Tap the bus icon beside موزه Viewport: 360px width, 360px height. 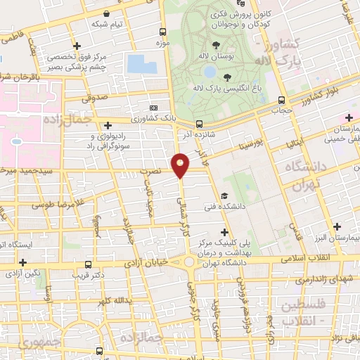pyautogui.click(x=163, y=32)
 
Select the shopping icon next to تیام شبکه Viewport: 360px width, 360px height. pyautogui.click(x=105, y=13)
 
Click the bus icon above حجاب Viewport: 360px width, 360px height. pyautogui.click(x=281, y=100)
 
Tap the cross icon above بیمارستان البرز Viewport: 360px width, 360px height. pyautogui.click(x=337, y=226)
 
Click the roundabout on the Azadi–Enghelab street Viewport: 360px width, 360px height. pyautogui.click(x=190, y=263)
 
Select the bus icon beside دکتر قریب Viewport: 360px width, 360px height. pyautogui.click(x=87, y=265)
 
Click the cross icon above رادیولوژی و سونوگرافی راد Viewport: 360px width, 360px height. pyautogui.click(x=107, y=124)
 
